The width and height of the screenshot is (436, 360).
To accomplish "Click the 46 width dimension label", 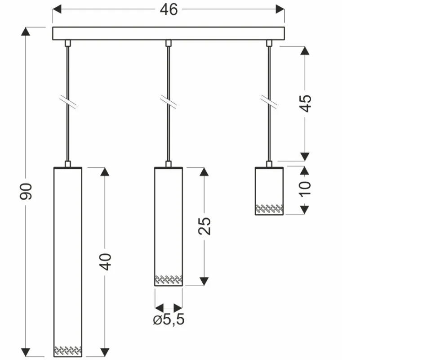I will (x=169, y=9).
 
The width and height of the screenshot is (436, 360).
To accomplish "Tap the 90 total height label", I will (x=27, y=191).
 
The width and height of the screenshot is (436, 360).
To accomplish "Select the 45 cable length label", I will (x=305, y=103).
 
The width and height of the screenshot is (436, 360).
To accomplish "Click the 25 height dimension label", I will (x=205, y=226).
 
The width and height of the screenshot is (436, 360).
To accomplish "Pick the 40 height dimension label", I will (x=105, y=261).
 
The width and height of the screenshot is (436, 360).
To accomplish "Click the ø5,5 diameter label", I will (x=169, y=320).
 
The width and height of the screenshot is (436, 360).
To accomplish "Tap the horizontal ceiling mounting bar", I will (x=169, y=34).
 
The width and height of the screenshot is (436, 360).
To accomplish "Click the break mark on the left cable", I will (x=68, y=102).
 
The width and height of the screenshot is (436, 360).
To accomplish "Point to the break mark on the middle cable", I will (x=169, y=102).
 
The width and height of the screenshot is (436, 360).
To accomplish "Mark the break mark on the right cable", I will (x=269, y=102).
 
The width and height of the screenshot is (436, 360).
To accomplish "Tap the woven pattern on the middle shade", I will (x=169, y=279).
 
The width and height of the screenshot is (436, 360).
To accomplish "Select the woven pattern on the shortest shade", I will (x=269, y=208).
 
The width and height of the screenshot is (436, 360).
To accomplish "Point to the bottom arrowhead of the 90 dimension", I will (x=27, y=352).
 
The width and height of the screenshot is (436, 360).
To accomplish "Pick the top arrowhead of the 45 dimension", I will (x=305, y=50).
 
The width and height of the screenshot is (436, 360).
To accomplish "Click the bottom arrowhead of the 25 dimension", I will (x=205, y=281).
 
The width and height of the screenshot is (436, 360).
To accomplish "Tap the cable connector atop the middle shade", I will (x=169, y=164).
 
